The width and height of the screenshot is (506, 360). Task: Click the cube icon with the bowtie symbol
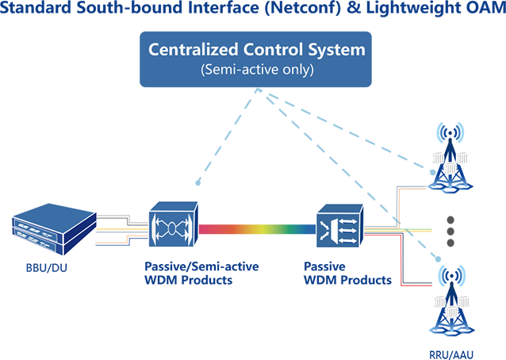(x=173, y=224)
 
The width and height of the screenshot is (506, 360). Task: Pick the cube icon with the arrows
(x=339, y=224)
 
